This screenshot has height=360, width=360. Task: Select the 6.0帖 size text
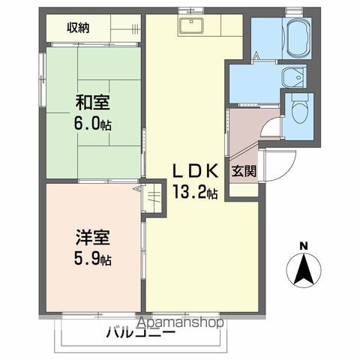pyautogui.click(x=93, y=124)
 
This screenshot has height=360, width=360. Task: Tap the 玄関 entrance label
pyautogui.click(x=242, y=171)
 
